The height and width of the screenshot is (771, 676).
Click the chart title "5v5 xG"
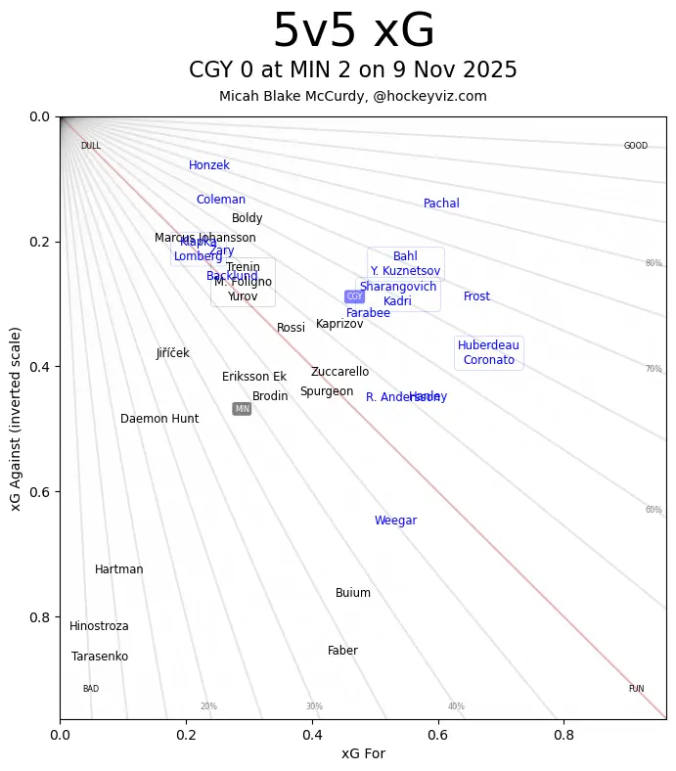[353, 31]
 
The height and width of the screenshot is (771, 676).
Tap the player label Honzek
[209, 165]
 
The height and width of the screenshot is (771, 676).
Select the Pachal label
[441, 204]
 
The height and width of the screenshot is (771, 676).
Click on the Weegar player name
[395, 521]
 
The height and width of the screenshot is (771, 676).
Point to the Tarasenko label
[100, 657]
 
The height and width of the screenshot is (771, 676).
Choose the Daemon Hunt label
[159, 419]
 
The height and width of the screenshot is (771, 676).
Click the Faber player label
[342, 651]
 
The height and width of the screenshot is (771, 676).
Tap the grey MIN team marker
[242, 409]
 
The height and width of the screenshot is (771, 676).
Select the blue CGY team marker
[354, 296]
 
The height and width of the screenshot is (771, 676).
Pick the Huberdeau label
[488, 345]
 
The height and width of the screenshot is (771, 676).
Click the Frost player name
[476, 296]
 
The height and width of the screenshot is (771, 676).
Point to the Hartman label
[119, 569]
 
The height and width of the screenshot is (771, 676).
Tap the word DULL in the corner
[91, 146]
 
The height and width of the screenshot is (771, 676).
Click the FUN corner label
[636, 689]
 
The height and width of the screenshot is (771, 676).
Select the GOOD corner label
[636, 146]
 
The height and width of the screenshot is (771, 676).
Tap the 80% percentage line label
[653, 263]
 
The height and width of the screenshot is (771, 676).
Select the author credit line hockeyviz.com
[353, 96]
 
